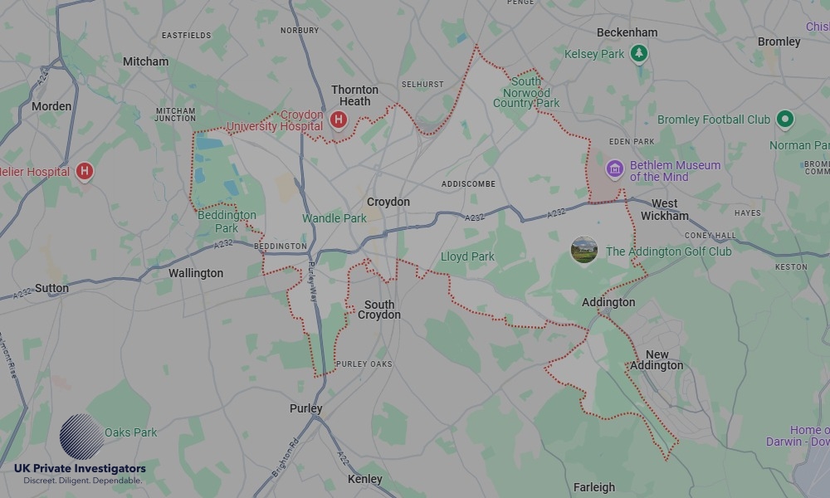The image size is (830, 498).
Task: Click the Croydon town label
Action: pos(388,202)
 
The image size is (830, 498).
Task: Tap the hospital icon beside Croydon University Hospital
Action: pos(338,120)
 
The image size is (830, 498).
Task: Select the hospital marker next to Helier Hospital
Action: pos(84,172)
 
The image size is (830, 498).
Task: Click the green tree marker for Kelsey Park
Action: pos(638,54)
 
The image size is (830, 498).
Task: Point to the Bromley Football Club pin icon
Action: pos(784,120)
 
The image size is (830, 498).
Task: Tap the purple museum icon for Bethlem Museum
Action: pos(614,170)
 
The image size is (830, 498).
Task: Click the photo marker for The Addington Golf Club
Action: pos(584,250)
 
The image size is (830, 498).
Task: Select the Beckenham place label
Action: pos(627,32)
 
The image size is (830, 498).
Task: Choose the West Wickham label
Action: pos(664,209)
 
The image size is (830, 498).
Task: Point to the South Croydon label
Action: pos(378,310)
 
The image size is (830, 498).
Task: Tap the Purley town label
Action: pos(305,409)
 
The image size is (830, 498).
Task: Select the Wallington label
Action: pos(196,273)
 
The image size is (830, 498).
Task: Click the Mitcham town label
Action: pos(145,61)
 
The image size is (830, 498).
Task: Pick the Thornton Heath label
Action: pos(354,95)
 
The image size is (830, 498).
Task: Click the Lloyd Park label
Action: pos(467,256)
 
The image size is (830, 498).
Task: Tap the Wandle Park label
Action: pos(334,218)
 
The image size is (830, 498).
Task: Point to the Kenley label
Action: pos(365,479)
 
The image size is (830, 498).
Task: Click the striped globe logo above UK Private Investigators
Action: pos(81,437)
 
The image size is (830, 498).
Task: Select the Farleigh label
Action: pos(594,487)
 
